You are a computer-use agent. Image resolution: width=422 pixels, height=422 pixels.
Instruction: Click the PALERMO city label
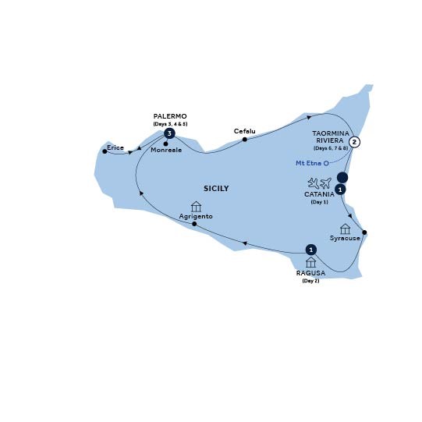point(170,116)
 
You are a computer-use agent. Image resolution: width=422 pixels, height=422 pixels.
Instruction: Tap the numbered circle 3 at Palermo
point(168,133)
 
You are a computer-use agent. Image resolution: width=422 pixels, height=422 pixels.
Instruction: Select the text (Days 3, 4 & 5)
point(170,124)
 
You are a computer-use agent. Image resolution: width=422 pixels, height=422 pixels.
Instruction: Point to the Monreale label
point(166,151)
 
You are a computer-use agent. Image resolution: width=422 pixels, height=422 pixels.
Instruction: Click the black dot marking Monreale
point(166,144)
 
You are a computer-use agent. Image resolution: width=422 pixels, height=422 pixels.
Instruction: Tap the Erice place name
point(115,146)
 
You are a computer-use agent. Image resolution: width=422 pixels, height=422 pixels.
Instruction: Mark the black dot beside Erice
point(105,151)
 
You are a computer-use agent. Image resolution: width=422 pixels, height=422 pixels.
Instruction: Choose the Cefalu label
point(245,131)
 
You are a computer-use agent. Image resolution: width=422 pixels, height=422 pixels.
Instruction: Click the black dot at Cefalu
point(245,140)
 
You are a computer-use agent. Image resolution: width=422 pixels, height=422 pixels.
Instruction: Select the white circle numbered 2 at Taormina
point(354,142)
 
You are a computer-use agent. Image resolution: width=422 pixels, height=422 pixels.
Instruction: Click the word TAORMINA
point(331,133)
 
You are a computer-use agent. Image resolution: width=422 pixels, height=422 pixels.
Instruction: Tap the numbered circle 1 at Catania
point(341,189)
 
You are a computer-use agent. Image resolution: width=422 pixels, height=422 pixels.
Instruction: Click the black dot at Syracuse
point(365,233)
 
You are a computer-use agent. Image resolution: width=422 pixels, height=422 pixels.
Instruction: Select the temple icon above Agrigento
point(196,207)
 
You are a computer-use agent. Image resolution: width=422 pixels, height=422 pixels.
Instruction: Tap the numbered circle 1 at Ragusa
point(311,250)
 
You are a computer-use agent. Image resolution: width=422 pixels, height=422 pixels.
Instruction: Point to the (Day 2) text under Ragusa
point(310,280)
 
